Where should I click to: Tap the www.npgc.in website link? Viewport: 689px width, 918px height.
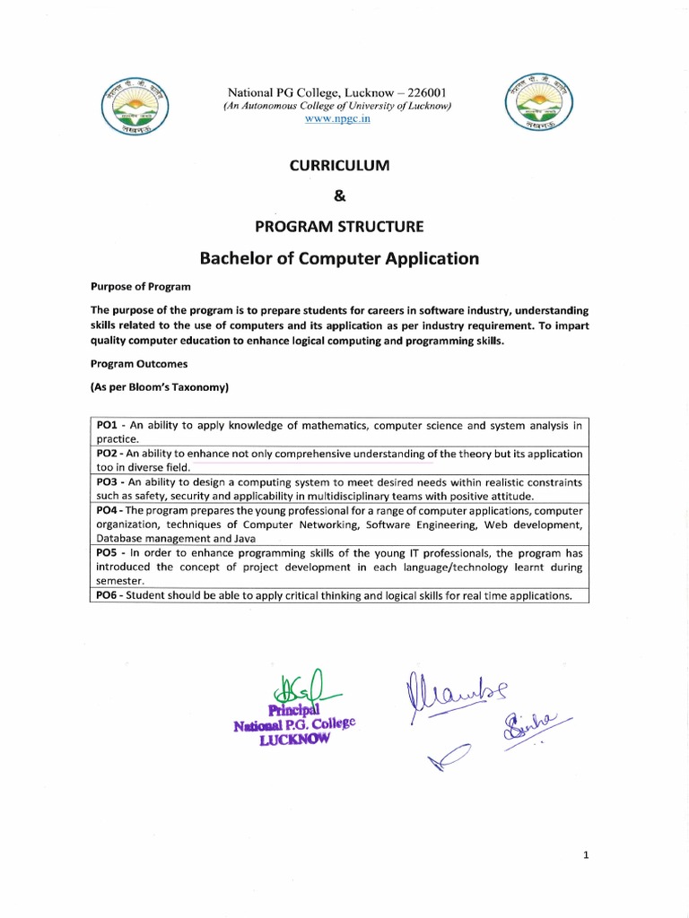pos(336,119)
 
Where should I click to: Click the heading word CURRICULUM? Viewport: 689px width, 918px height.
pos(338,166)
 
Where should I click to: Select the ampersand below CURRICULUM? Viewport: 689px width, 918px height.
pos(338,195)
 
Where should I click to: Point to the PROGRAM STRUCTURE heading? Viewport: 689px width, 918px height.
pos(338,226)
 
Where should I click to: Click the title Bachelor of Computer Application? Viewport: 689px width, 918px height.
pos(338,259)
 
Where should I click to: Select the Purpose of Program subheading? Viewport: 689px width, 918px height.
pos(140,287)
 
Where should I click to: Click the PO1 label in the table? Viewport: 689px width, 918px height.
pos(106,425)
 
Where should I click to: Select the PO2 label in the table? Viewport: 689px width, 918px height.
pos(106,454)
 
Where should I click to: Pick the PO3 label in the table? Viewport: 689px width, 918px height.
pos(106,482)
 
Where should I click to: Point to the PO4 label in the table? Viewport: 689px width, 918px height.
pos(106,510)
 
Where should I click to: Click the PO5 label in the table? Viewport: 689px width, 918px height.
pos(106,553)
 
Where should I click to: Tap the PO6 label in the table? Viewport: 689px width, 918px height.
pos(106,595)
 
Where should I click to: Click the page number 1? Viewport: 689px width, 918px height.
pos(585,856)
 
